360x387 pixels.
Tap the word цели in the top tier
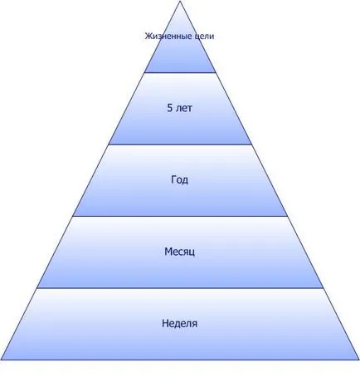[204, 37]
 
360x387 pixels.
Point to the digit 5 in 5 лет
[170, 108]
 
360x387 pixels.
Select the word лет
[183, 108]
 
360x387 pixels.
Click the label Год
[180, 180]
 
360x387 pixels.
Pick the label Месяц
[180, 252]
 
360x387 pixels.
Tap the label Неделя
[180, 323]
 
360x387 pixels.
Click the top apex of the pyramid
[180, 1]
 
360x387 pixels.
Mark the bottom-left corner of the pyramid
[1, 360]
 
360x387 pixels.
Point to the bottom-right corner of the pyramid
[359, 360]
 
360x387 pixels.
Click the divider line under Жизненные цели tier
[180, 72]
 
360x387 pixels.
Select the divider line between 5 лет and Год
[180, 145]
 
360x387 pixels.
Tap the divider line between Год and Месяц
[180, 216]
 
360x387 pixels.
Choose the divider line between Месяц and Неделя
[180, 288]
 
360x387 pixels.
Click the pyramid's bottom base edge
[180, 360]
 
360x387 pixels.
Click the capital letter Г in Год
[173, 179]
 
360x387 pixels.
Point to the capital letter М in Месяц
[168, 252]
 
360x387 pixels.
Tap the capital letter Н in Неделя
[165, 323]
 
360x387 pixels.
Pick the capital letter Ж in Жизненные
[148, 36]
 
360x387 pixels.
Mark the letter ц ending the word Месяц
[192, 252]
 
